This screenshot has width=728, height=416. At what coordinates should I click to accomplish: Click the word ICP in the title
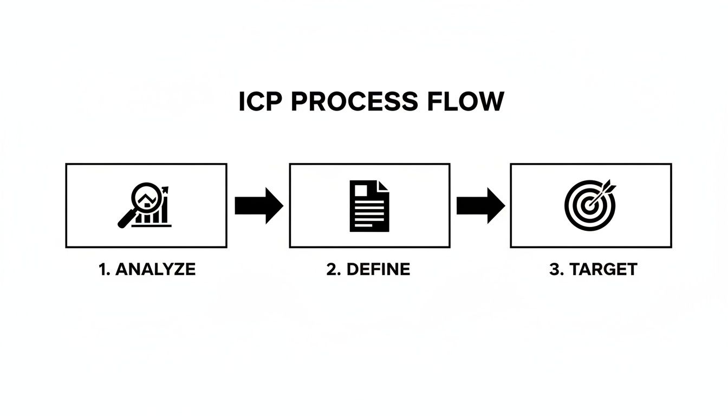tap(261, 102)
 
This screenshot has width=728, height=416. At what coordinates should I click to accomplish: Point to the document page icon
tap(369, 206)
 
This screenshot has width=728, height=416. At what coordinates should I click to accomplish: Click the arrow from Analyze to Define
tap(258, 206)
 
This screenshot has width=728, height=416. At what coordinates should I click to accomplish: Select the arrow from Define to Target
tap(480, 206)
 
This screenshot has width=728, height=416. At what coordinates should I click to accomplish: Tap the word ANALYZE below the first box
tap(155, 270)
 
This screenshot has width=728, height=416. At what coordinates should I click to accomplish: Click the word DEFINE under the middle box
tap(378, 270)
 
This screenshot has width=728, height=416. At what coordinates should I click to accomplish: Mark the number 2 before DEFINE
tap(331, 270)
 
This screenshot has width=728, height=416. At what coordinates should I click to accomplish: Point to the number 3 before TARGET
tap(554, 270)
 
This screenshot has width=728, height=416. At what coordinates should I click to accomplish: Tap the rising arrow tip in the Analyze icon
tap(165, 189)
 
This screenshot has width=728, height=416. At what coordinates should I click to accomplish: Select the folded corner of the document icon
tap(383, 186)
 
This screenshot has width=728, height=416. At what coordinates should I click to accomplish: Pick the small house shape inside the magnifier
tap(145, 201)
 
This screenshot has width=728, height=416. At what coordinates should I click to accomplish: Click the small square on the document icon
tap(359, 190)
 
